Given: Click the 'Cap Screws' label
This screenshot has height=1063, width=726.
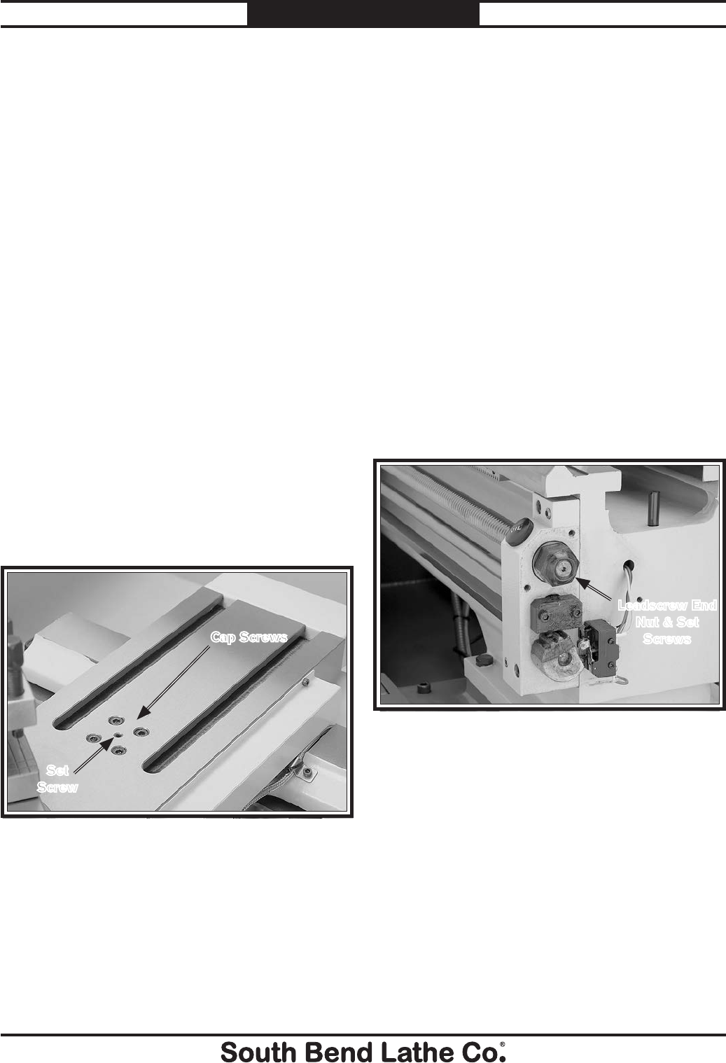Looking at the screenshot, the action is click(x=249, y=637).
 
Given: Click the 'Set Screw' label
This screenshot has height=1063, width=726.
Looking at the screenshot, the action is click(x=57, y=778).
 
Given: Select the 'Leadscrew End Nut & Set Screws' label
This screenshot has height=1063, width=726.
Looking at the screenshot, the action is click(x=667, y=622).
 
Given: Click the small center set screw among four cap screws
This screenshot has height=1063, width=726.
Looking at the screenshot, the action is click(x=118, y=735).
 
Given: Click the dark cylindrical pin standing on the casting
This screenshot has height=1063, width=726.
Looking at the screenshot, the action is click(x=653, y=508).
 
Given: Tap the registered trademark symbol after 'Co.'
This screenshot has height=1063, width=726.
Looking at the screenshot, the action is click(x=502, y=1041).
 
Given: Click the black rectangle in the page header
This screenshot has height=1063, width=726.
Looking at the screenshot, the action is click(x=363, y=13).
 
